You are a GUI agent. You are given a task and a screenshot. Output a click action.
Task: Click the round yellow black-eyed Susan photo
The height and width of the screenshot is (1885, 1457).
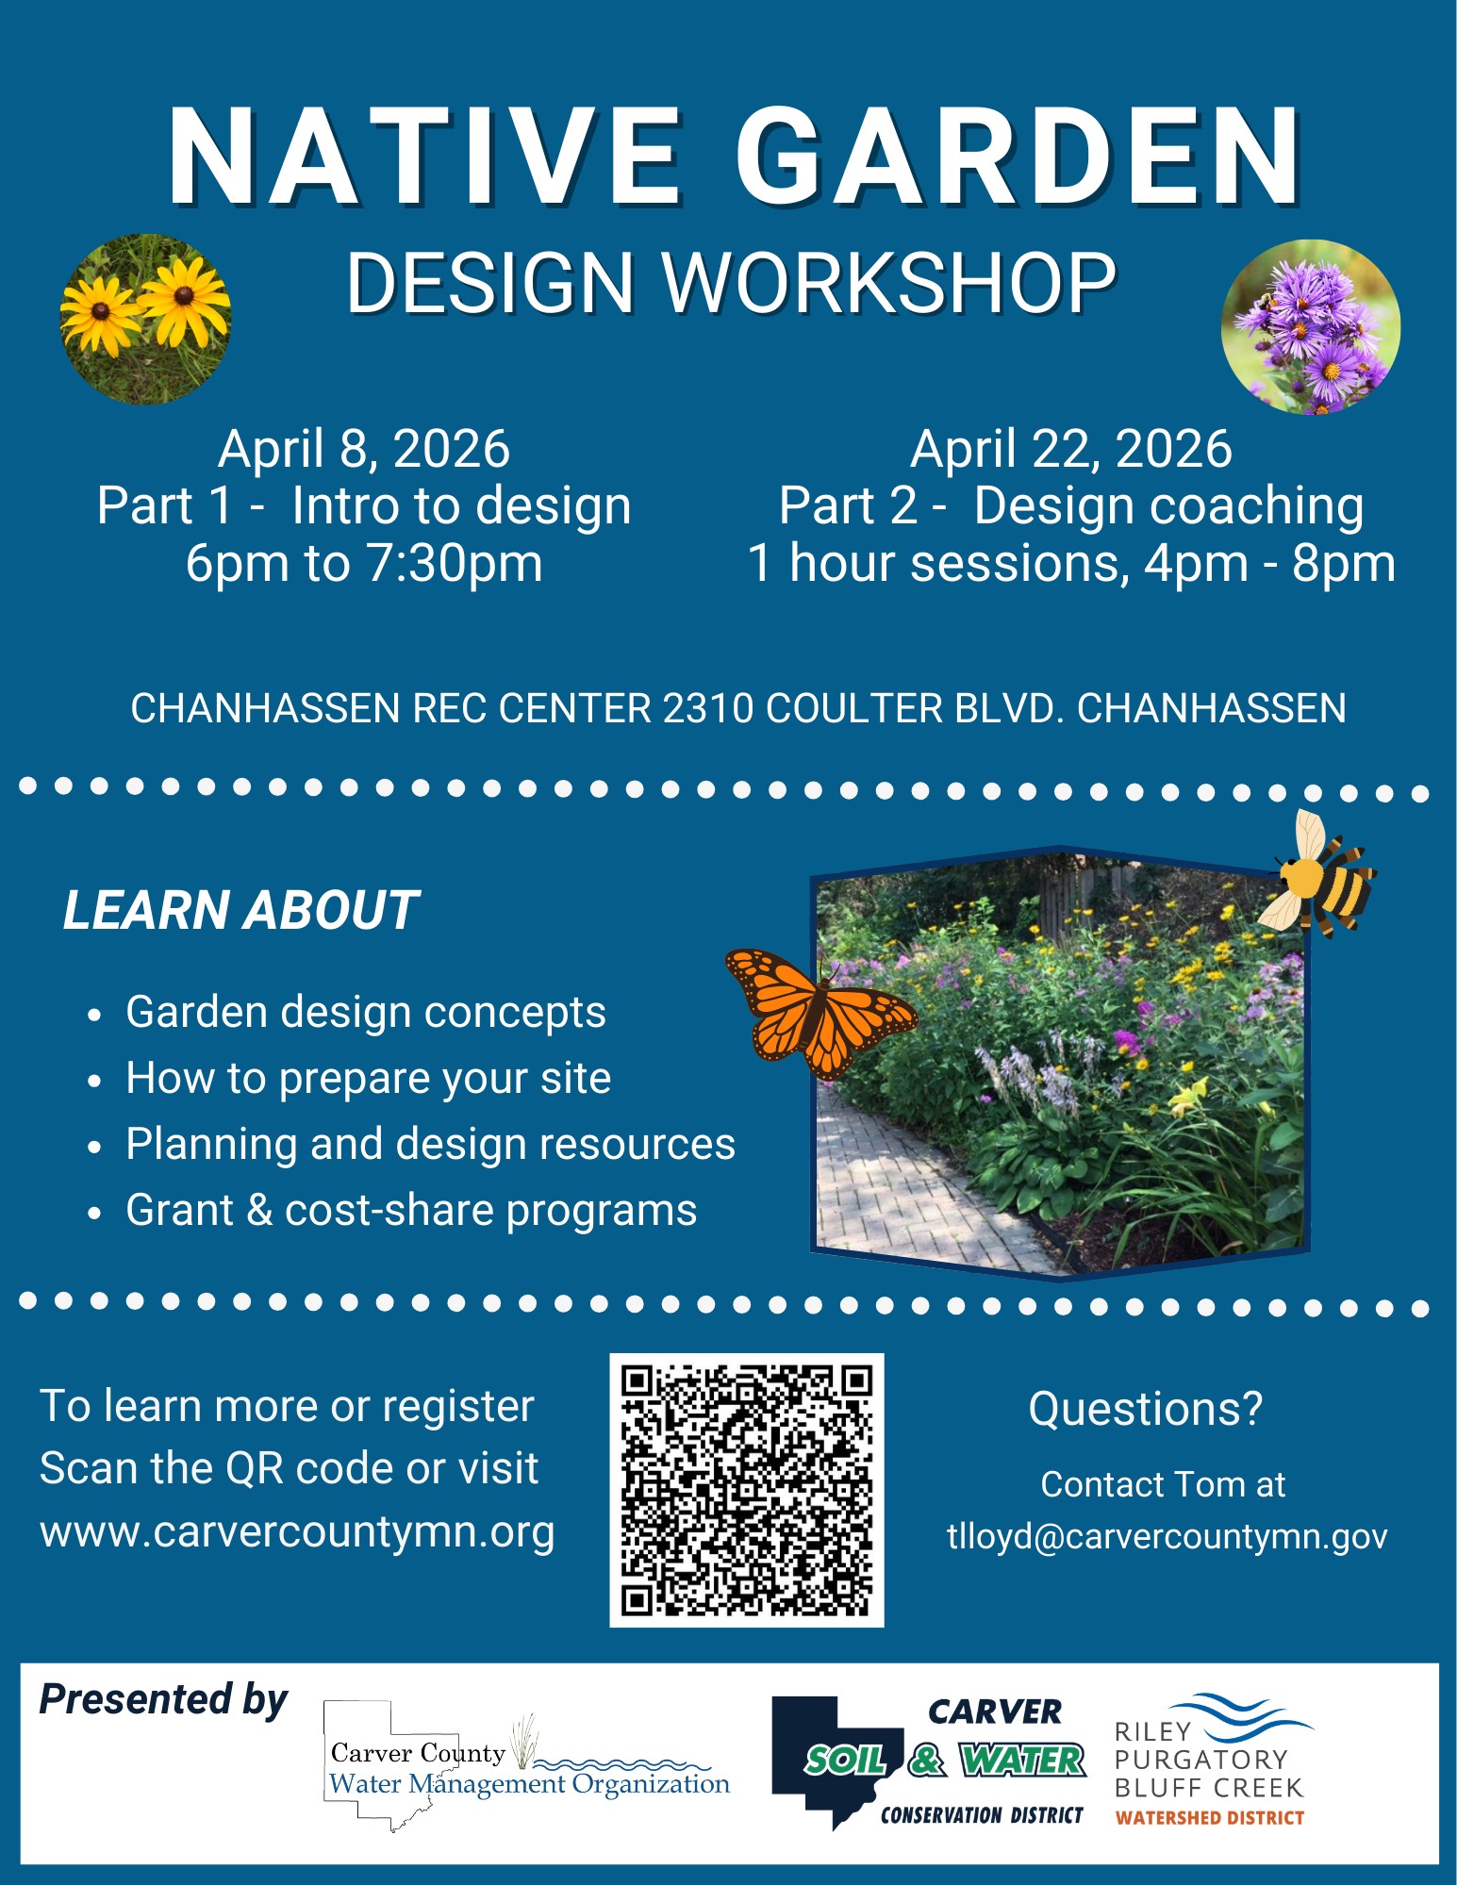click(145, 319)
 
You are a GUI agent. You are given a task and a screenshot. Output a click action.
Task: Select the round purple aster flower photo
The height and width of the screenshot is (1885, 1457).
click(1310, 327)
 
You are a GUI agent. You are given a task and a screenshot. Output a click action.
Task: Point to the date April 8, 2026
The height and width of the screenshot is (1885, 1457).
click(364, 449)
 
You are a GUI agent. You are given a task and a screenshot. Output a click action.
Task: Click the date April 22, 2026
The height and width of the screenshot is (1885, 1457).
click(1070, 449)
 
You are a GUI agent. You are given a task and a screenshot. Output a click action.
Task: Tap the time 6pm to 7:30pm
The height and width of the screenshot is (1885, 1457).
click(364, 564)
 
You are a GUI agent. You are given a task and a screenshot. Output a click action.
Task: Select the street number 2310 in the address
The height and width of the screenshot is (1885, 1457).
click(707, 708)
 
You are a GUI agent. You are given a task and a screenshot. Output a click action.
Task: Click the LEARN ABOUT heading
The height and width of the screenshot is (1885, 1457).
click(240, 910)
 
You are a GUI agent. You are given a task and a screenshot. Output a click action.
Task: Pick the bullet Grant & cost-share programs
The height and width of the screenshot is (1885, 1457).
click(411, 1210)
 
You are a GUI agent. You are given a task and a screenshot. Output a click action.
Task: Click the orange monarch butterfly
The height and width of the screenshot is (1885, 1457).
click(819, 1013)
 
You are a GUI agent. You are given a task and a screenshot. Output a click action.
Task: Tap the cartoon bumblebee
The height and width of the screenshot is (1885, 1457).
click(1318, 874)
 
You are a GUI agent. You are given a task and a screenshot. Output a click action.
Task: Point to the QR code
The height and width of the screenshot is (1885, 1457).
click(747, 1490)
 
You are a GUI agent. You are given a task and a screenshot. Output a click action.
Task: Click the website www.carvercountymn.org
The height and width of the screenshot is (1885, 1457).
click(297, 1532)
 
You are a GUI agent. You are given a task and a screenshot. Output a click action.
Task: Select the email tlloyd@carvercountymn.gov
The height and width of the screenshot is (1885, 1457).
click(1167, 1536)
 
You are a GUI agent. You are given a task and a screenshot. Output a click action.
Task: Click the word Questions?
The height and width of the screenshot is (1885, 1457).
click(1145, 1409)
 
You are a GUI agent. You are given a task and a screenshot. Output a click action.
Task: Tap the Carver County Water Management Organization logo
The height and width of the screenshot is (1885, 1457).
click(527, 1765)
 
